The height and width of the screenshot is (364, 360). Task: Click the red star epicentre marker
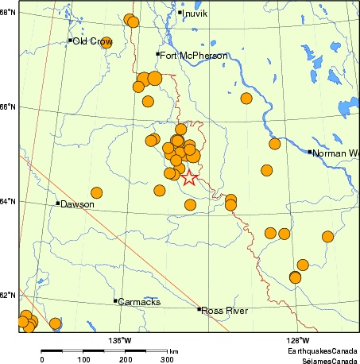pyautogui.click(x=188, y=177)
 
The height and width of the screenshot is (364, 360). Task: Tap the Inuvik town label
pyautogui.click(x=195, y=14)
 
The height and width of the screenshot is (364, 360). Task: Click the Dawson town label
pyautogui.click(x=77, y=204)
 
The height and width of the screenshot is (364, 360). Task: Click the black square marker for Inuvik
pyautogui.click(x=180, y=12)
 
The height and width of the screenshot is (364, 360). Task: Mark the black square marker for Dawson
pyautogui.click(x=58, y=203)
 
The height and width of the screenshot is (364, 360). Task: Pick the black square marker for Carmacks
pyautogui.click(x=115, y=300)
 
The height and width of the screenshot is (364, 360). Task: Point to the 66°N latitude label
pyautogui.click(x=8, y=106)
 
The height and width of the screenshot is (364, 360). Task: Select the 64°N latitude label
pyautogui.click(x=8, y=201)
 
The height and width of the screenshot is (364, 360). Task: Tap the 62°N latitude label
pyautogui.click(x=8, y=295)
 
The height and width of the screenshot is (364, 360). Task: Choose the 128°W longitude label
pyautogui.click(x=298, y=341)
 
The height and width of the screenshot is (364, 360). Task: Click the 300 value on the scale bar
pyautogui.click(x=167, y=360)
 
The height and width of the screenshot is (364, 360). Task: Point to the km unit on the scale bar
pyautogui.click(x=173, y=350)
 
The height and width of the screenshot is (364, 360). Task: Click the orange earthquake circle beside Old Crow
pyautogui.click(x=106, y=43)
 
